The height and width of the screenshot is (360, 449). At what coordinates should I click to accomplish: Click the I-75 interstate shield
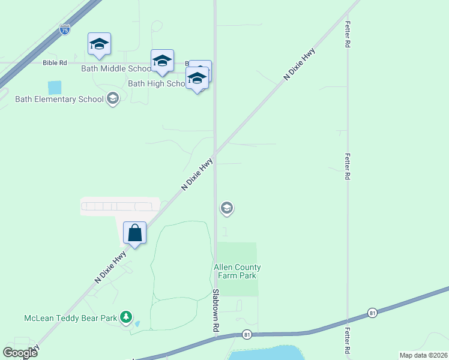(65, 29)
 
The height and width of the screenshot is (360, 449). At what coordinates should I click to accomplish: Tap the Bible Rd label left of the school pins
(55, 62)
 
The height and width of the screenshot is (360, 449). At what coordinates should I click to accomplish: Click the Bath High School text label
(157, 83)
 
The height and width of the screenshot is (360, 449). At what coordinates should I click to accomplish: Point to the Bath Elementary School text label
(59, 99)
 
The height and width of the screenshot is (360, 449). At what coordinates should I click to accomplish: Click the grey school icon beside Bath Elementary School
(112, 98)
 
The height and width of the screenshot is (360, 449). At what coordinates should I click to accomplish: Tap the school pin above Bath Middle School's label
(99, 44)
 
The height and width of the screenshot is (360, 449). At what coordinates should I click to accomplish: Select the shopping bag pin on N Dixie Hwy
(134, 233)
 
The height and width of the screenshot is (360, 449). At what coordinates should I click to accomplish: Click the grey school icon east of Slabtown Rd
(226, 208)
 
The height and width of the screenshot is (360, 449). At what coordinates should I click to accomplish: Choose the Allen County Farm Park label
(237, 271)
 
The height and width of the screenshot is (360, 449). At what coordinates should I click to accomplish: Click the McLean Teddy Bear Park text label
(70, 317)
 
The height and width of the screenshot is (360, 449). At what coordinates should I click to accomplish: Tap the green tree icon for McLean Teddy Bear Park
(125, 316)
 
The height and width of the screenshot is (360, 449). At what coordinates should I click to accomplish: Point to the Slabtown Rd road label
(214, 311)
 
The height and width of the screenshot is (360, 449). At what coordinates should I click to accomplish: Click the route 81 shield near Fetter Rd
(373, 313)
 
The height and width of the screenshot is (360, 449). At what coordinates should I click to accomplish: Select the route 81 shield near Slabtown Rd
(247, 334)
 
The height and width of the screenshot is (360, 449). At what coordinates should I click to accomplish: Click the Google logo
(20, 352)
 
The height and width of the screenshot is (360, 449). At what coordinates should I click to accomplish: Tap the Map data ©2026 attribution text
(423, 355)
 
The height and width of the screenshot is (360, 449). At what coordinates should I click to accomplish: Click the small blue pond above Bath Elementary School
(55, 88)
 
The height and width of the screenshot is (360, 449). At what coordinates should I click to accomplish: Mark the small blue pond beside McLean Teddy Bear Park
(137, 323)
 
